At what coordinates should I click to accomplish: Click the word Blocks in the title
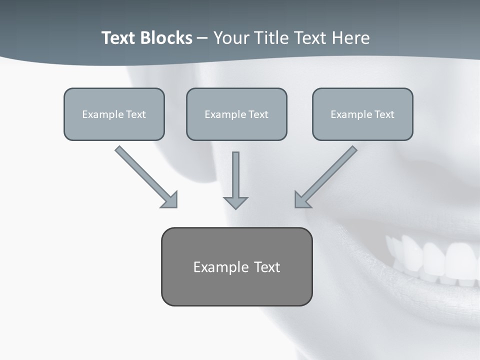[x=167, y=38]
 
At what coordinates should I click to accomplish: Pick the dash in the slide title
[x=202, y=38]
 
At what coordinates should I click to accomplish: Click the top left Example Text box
[x=114, y=114]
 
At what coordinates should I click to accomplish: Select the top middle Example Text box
[x=236, y=114]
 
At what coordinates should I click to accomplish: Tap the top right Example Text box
[x=362, y=114]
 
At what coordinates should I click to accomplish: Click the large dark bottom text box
[x=236, y=266]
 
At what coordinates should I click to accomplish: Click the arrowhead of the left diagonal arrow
[x=170, y=200]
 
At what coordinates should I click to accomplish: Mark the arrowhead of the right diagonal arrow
[x=301, y=200]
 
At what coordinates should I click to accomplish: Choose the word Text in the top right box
[x=384, y=114]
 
